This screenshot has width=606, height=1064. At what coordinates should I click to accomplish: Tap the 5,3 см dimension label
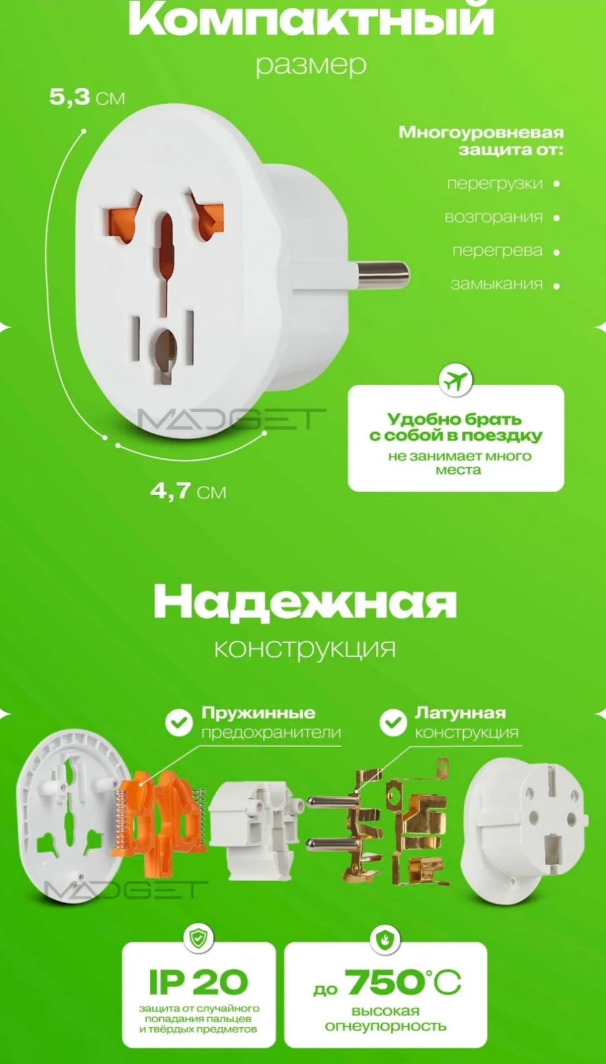click(87, 97)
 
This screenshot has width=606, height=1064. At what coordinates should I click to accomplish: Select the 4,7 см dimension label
click(188, 491)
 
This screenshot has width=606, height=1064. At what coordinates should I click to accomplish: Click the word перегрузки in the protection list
click(495, 183)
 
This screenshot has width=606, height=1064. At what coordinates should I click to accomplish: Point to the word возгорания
click(494, 217)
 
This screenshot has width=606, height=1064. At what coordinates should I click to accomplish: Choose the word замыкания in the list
click(497, 284)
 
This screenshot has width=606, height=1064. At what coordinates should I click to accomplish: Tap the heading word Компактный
click(311, 20)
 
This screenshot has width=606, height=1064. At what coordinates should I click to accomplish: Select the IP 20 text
click(198, 982)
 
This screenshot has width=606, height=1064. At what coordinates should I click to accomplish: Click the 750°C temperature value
click(403, 983)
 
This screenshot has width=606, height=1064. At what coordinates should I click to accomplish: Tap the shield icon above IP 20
click(198, 937)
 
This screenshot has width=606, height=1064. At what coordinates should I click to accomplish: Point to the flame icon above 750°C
click(385, 939)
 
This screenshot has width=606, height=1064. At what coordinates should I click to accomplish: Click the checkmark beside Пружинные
click(179, 723)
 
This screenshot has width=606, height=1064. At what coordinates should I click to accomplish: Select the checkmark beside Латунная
click(393, 723)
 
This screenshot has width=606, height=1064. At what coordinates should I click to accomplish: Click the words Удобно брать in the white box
click(454, 418)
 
